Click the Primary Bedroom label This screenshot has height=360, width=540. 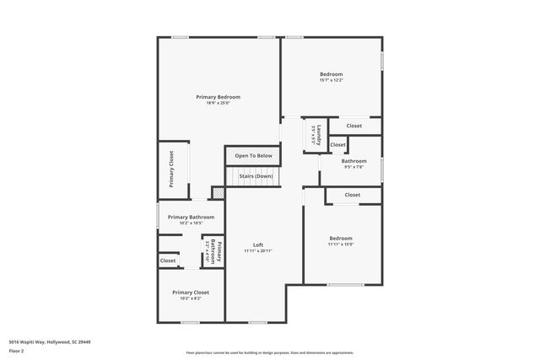point(218,97)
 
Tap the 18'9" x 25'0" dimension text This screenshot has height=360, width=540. point(218,104)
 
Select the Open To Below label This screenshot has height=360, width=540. point(253,156)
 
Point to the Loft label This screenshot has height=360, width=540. point(258,244)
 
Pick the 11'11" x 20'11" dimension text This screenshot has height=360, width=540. point(258,251)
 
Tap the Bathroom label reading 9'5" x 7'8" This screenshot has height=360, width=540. point(354,160)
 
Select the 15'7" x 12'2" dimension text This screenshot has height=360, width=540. point(331,81)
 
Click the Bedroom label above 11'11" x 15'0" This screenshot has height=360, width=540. point(341,238)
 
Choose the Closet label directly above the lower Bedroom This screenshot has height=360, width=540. point(352,195)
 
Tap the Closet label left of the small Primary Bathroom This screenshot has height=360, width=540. point(168,261)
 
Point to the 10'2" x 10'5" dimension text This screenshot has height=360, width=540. point(191,223)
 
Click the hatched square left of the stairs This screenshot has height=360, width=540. point(218,193)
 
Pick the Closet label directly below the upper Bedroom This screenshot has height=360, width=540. point(354,126)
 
